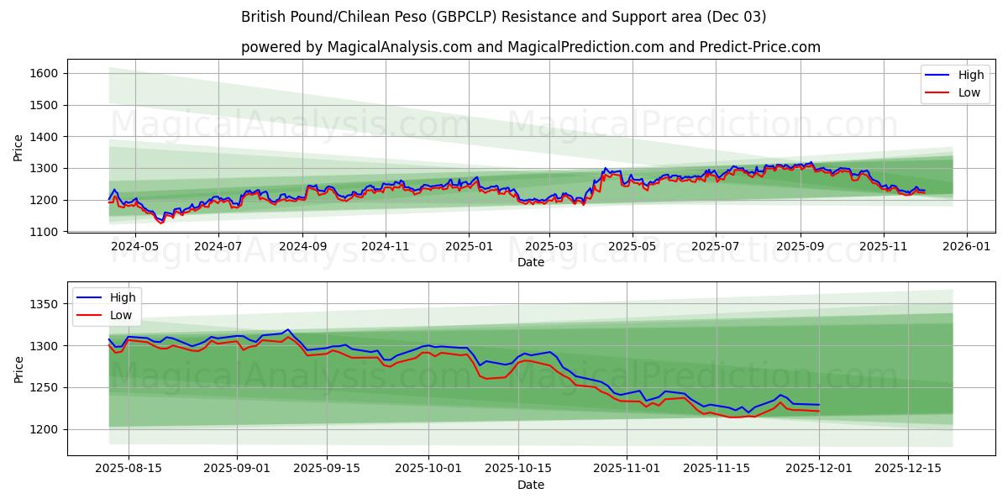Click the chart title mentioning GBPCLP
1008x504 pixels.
pyautogui.click(x=503, y=17)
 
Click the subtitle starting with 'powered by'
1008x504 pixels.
pyautogui.click(x=530, y=47)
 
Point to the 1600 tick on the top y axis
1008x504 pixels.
pyautogui.click(x=44, y=74)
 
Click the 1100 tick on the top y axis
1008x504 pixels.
pyautogui.click(x=44, y=232)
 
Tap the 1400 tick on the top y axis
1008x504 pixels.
pyautogui.click(x=44, y=137)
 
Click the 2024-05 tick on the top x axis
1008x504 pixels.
pyautogui.click(x=135, y=247)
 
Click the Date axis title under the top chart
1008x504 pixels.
pyautogui.click(x=530, y=262)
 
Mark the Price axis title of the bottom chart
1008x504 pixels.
pyautogui.click(x=18, y=369)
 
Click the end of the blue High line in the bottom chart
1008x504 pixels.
pyautogui.click(x=819, y=405)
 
